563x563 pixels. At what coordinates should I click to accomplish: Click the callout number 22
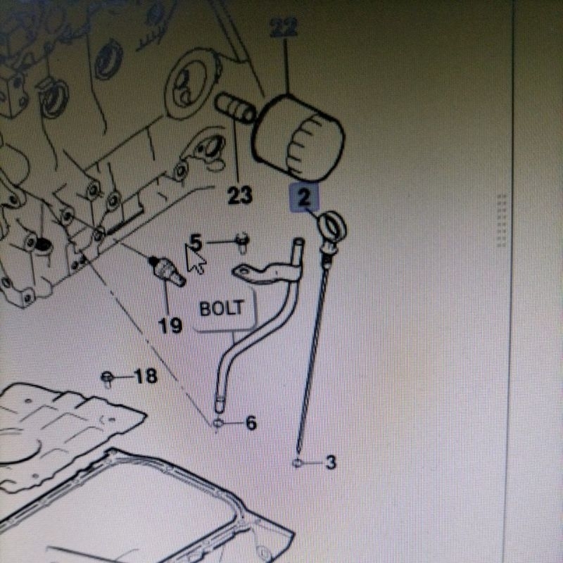click(284, 27)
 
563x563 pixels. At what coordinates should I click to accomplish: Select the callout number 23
click(240, 196)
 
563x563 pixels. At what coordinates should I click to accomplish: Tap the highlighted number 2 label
click(304, 197)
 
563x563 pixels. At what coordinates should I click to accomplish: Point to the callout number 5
click(196, 242)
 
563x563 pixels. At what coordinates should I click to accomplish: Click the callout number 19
click(170, 326)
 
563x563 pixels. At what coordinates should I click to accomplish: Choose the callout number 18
click(146, 377)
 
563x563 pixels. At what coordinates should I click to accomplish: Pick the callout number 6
click(251, 423)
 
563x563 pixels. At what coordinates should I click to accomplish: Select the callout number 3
click(330, 462)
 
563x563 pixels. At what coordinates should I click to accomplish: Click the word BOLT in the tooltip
click(222, 308)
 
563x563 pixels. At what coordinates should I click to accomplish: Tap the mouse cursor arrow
click(194, 259)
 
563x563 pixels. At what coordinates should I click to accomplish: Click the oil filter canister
click(298, 138)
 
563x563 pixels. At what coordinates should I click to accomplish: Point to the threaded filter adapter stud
click(235, 107)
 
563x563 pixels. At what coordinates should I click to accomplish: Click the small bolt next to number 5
click(243, 242)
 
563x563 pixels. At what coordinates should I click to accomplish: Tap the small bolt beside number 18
click(107, 379)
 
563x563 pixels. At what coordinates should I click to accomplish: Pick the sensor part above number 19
click(167, 270)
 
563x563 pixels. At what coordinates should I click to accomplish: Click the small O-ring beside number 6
click(218, 423)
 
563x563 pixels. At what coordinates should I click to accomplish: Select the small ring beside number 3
click(297, 463)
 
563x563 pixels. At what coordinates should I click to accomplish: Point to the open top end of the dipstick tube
click(298, 241)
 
